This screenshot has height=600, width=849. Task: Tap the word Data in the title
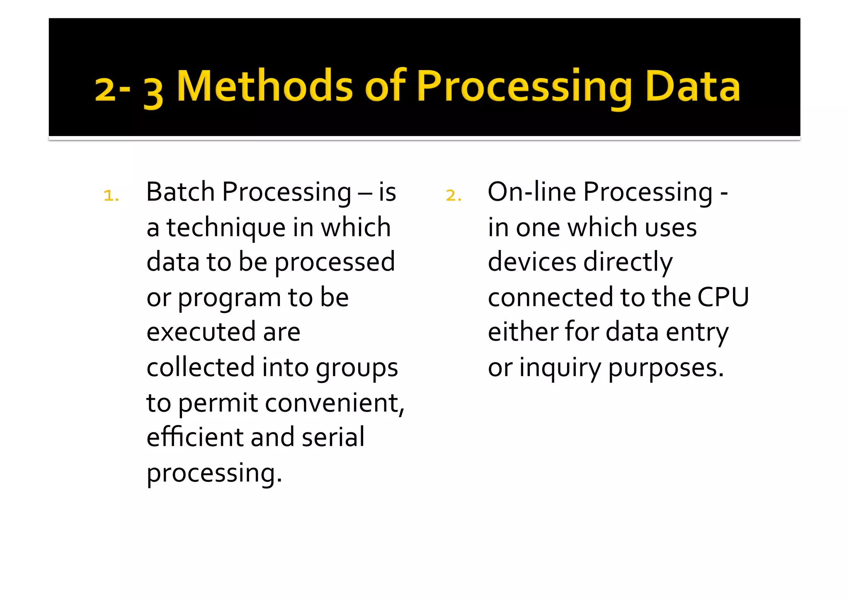point(692,86)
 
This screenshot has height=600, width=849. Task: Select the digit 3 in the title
point(153,92)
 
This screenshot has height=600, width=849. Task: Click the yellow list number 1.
point(111,195)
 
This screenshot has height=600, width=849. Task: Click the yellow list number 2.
point(453,195)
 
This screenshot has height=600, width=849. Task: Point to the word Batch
point(180,192)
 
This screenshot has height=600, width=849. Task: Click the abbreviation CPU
point(723,297)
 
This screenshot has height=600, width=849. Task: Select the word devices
point(532,262)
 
